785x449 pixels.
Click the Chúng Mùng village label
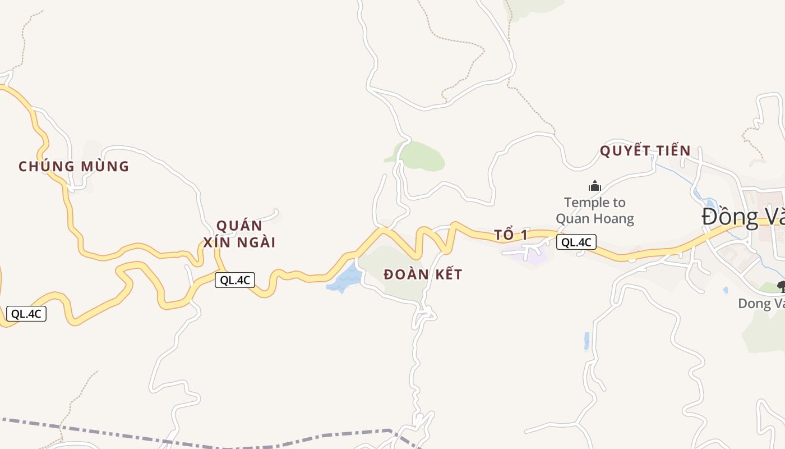[x=73, y=167]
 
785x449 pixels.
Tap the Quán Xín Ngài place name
[x=239, y=234]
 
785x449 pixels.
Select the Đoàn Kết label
[x=423, y=274]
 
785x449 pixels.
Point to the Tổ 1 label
[x=511, y=235]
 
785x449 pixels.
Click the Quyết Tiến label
[x=645, y=151]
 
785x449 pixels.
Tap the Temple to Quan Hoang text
[x=594, y=210]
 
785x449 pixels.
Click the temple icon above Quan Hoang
[x=594, y=186]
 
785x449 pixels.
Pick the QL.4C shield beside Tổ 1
[x=576, y=242]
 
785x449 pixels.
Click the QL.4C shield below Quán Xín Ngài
[x=235, y=280]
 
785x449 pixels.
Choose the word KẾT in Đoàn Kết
[x=446, y=274]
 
